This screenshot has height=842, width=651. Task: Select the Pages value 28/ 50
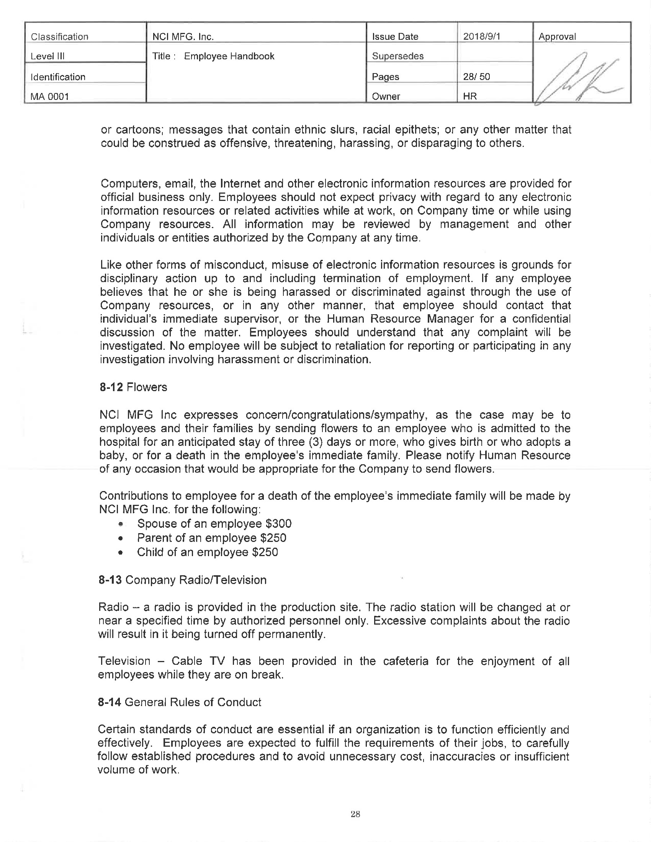click(x=476, y=76)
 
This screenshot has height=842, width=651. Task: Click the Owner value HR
click(x=470, y=96)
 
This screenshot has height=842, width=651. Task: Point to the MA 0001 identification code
click(x=50, y=96)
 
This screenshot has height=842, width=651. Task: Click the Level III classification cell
click(x=47, y=56)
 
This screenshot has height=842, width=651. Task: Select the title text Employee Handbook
click(x=229, y=56)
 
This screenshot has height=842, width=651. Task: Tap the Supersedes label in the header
click(x=397, y=56)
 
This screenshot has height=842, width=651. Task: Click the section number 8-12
click(x=111, y=387)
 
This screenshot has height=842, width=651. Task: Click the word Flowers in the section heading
click(x=147, y=387)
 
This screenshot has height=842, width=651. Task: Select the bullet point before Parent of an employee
click(x=121, y=538)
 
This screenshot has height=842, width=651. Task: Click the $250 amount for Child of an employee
click(x=265, y=552)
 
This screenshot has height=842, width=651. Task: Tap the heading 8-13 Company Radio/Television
click(x=182, y=580)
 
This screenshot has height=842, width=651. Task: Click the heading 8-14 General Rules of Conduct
click(x=180, y=702)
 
